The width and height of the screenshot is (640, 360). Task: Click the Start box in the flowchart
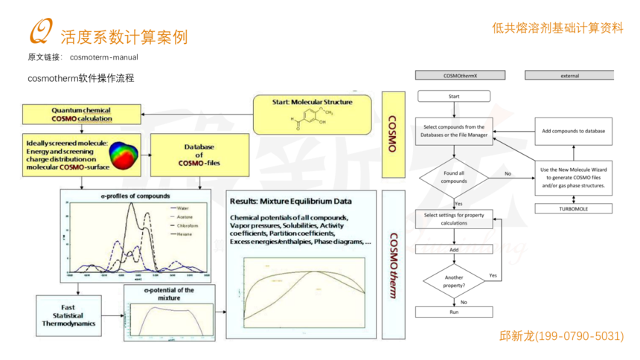[x=454, y=96]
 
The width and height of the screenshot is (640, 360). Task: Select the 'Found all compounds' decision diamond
[x=454, y=177]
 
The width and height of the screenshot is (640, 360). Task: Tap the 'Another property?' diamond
[x=454, y=280]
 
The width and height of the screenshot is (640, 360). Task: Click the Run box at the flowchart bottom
[x=454, y=312]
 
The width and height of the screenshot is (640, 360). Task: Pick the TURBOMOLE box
[x=573, y=209]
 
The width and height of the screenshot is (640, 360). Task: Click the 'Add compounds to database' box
[x=573, y=131]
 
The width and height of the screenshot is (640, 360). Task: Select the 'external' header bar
[x=569, y=75]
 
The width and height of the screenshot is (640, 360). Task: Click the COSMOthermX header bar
[x=460, y=75]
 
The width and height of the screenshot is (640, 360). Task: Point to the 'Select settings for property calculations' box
[x=454, y=219]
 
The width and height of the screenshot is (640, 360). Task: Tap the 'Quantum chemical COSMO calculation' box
[x=82, y=115]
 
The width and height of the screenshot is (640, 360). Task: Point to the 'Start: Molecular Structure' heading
[x=311, y=101]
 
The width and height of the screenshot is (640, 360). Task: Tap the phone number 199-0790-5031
[x=561, y=336]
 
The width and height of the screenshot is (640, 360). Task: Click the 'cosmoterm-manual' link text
[x=104, y=57]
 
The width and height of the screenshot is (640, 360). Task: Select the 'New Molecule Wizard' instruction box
[x=573, y=178]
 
